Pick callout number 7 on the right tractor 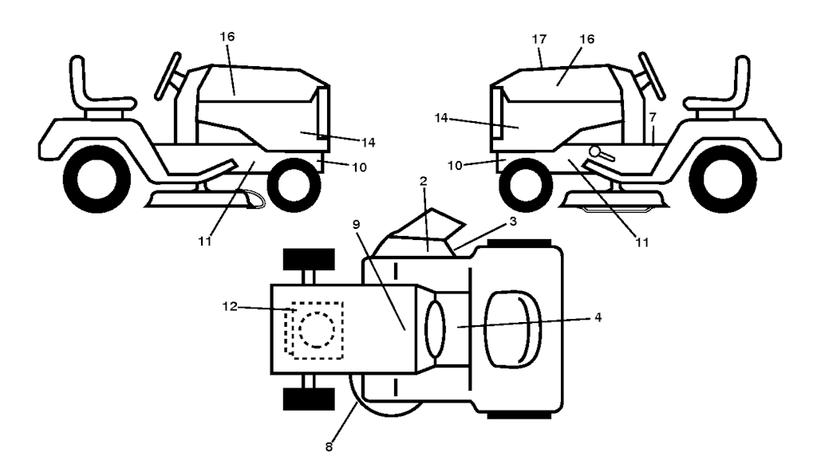point(652,118)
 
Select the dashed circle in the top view point(317,328)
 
